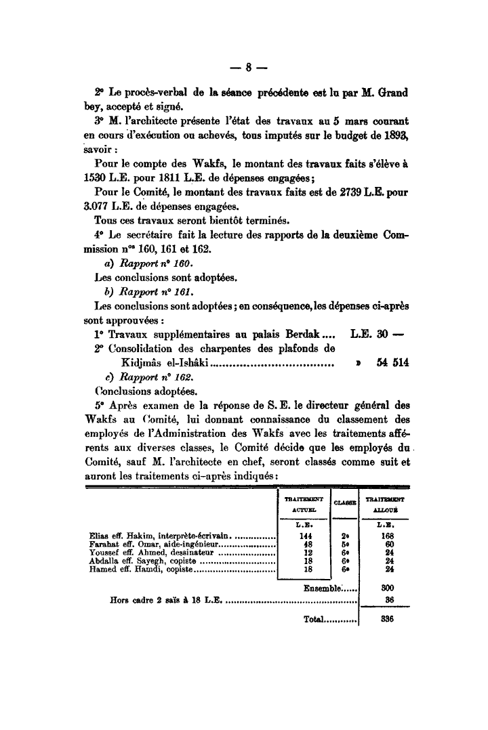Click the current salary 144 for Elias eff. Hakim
[304, 534]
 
